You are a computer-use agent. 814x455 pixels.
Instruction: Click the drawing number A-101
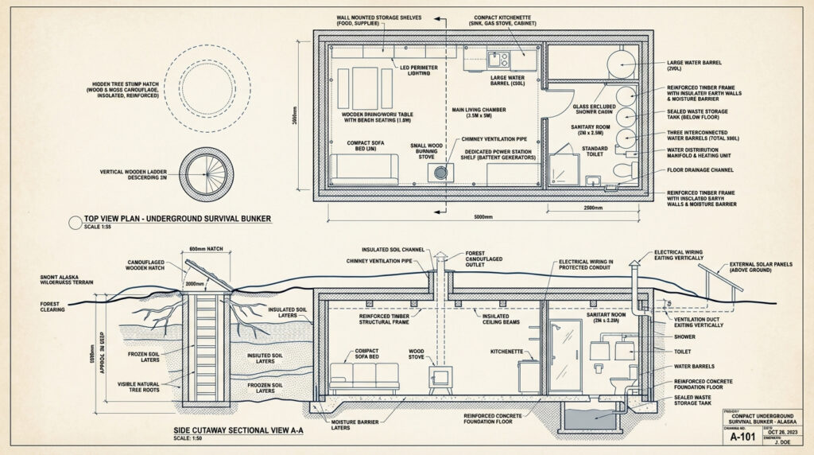point(743,436)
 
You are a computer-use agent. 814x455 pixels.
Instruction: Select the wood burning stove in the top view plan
point(440,173)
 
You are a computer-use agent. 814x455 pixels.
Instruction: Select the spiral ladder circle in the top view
point(206,175)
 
